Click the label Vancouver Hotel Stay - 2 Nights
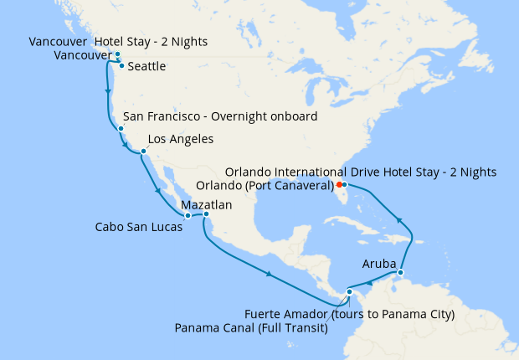pos(118,42)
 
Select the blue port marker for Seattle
pos(122,65)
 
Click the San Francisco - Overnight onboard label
pos(220,116)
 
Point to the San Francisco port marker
pos(121,129)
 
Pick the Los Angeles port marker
pos(143,152)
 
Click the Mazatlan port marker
pos(206,214)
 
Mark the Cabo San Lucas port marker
pos(188,216)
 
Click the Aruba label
pos(378,262)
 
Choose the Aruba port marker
pos(401,272)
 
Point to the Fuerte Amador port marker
pos(349,291)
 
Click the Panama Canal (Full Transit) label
pos(251,329)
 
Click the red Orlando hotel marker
pos(339,184)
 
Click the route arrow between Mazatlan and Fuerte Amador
pos(268,274)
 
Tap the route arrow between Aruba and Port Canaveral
pos(399,220)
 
